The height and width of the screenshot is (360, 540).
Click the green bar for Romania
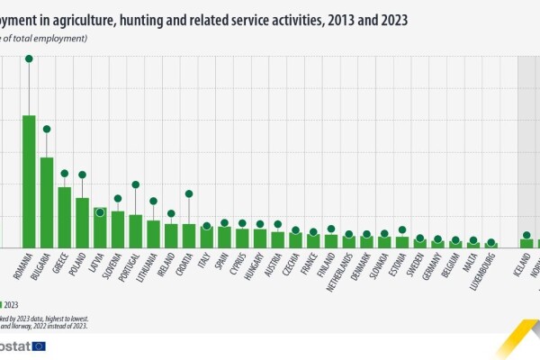(x=29, y=180)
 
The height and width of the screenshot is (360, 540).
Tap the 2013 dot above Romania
(x=29, y=58)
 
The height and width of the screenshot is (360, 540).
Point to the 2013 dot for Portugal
(x=135, y=184)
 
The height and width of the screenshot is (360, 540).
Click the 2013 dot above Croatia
(x=188, y=193)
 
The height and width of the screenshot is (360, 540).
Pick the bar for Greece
(x=65, y=216)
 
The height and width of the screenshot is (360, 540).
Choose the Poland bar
(x=82, y=221)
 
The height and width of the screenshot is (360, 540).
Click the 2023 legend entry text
(x=12, y=304)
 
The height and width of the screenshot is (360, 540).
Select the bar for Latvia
(x=100, y=227)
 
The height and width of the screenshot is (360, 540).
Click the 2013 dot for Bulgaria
(x=47, y=129)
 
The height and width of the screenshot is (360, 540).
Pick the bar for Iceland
(x=526, y=242)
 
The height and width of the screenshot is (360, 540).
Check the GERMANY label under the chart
(x=434, y=270)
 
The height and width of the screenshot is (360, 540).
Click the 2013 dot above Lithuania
(x=153, y=201)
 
